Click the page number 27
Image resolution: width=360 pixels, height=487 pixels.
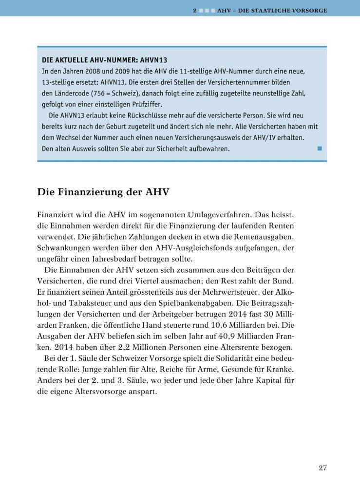point(322,468)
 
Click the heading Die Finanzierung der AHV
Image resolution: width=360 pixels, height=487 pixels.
point(103,192)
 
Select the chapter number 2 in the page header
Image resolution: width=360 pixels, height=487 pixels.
point(194,10)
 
